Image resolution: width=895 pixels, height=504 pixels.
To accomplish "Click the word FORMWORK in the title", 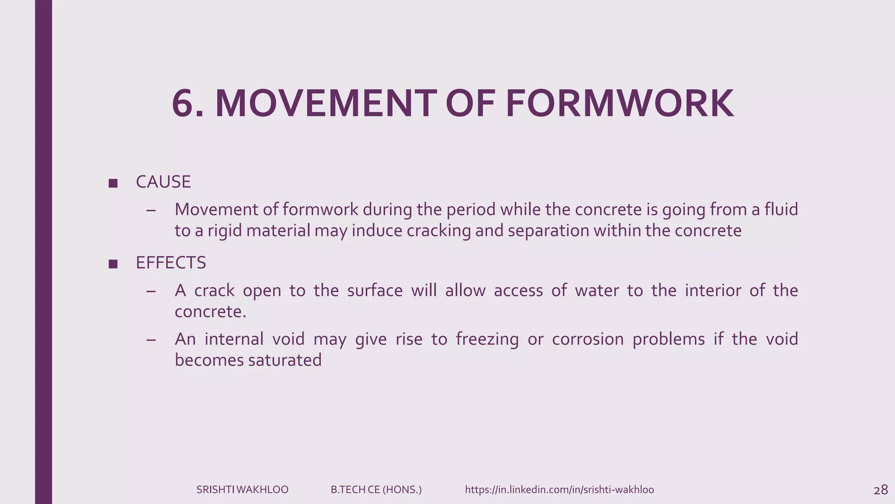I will click(x=619, y=104).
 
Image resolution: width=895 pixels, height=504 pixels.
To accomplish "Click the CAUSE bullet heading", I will click(x=163, y=182).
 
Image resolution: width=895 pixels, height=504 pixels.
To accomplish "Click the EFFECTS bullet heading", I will click(x=170, y=263).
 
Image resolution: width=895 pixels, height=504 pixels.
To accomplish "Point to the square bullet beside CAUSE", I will click(x=113, y=183).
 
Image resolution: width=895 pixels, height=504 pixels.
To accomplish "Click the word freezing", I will click(x=487, y=339).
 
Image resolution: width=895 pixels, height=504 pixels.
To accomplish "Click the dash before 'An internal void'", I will click(x=151, y=339).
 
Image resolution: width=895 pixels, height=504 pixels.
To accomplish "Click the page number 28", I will click(x=881, y=490).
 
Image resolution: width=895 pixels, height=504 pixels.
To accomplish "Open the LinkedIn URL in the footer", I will click(x=559, y=490).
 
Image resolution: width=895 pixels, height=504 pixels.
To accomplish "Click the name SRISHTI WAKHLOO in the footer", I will click(x=242, y=490).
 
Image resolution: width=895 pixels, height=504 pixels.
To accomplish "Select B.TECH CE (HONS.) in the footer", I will click(x=376, y=490).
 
